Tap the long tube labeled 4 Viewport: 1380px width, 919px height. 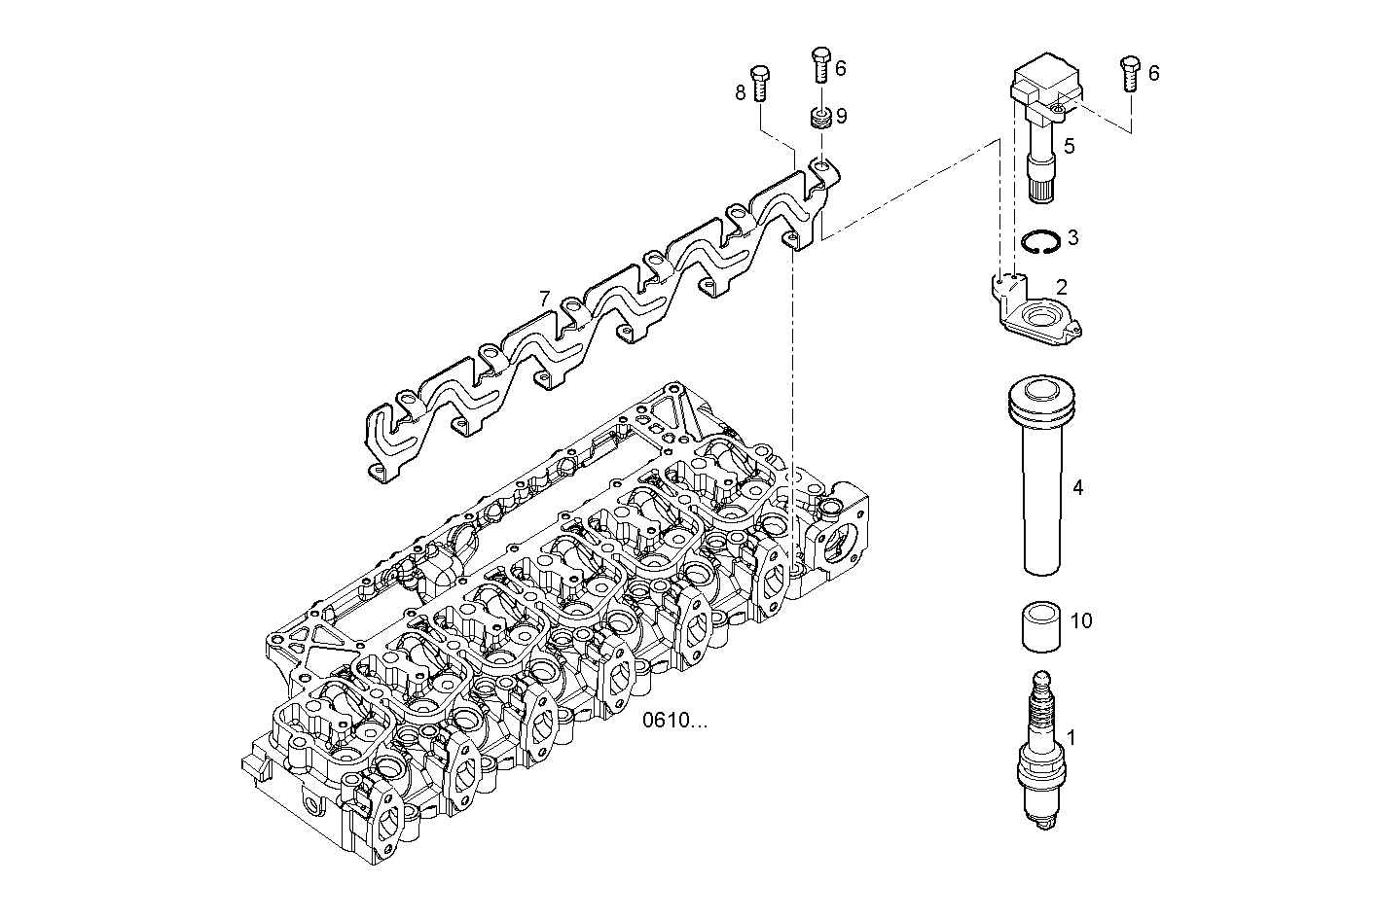click(1039, 486)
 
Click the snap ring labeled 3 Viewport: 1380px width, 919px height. click(1039, 240)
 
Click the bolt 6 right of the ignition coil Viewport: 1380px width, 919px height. click(1130, 73)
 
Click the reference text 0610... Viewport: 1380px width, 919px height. click(676, 721)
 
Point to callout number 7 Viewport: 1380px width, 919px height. click(545, 298)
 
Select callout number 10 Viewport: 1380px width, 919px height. click(1080, 620)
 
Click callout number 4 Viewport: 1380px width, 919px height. click(1077, 487)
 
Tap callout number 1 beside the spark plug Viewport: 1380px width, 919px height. click(1071, 738)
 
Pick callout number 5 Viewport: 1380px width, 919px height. click(1069, 147)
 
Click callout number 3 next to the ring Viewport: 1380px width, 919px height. click(1072, 237)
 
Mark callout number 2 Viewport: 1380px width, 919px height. click(1062, 287)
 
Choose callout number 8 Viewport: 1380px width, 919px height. click(740, 92)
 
